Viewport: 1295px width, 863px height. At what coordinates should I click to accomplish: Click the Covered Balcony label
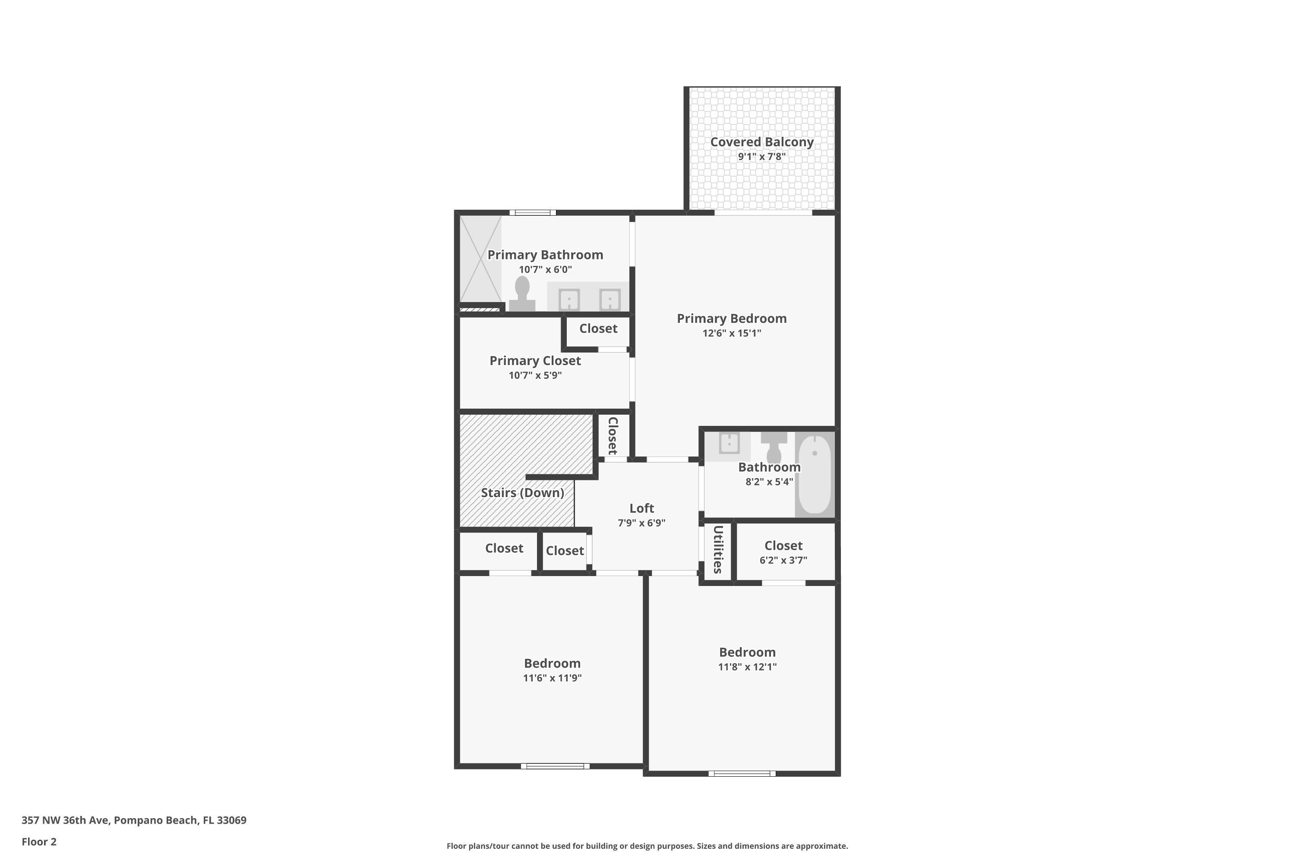coord(761,142)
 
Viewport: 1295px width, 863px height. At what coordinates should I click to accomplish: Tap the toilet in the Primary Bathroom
coord(522,294)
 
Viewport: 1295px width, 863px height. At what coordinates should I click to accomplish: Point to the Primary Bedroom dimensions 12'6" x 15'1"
coord(732,333)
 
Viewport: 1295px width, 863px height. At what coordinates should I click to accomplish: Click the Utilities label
coord(718,549)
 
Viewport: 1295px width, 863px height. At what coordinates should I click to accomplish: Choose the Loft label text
coord(641,508)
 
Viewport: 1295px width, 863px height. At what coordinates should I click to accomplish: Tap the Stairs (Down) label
coord(522,493)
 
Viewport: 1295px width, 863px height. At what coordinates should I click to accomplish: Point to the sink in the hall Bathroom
coord(729,444)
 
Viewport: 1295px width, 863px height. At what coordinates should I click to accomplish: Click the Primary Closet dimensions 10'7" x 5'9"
coord(535,375)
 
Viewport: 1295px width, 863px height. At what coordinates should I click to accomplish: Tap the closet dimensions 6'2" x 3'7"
coord(783,560)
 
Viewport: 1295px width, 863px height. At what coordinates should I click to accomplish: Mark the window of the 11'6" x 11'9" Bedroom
coord(555,766)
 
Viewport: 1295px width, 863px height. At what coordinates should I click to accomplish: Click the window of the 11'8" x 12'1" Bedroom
coord(742,774)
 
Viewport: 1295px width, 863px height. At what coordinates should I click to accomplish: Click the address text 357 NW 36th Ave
coord(66,820)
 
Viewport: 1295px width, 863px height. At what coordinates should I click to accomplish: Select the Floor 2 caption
coord(39,841)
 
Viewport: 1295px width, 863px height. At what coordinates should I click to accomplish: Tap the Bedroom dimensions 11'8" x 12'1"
coord(747,667)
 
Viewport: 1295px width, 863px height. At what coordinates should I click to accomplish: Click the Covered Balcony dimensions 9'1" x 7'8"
coord(761,156)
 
